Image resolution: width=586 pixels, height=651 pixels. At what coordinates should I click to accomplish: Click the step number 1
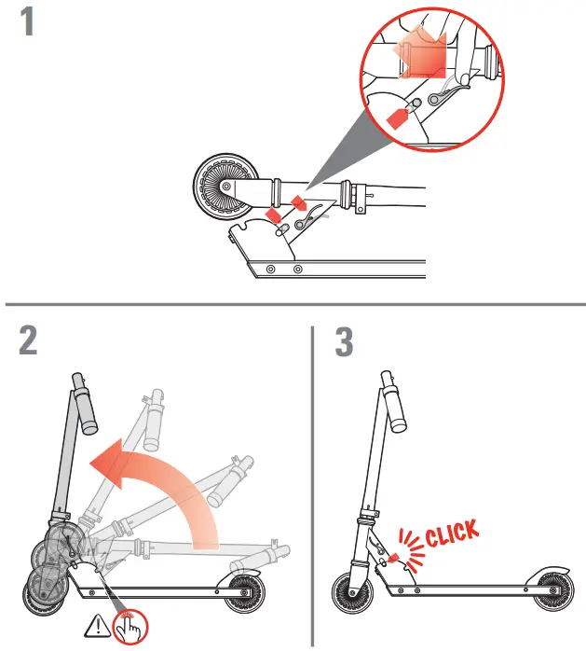(x=28, y=21)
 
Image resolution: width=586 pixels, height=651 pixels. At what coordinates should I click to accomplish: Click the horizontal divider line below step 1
(x=293, y=304)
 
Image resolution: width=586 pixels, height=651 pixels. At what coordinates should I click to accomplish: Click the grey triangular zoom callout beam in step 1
(x=340, y=159)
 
